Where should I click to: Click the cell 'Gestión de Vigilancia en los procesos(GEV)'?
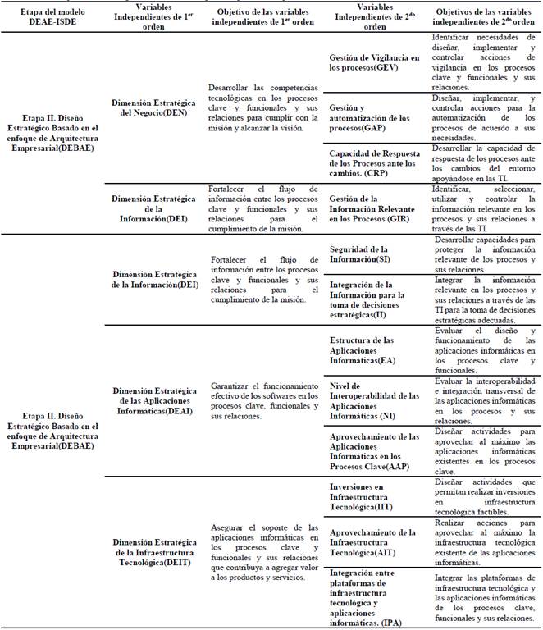coord(374,63)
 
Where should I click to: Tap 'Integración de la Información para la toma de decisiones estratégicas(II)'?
coord(374,299)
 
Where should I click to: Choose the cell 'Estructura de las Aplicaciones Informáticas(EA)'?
coord(374,348)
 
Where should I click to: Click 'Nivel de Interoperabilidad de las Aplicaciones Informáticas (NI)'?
coord(374,399)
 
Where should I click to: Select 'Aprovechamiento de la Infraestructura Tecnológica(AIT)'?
coord(374,541)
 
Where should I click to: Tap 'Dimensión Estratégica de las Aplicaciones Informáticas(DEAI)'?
coord(153,399)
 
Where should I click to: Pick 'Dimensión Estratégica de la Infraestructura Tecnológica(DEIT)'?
coord(153,553)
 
